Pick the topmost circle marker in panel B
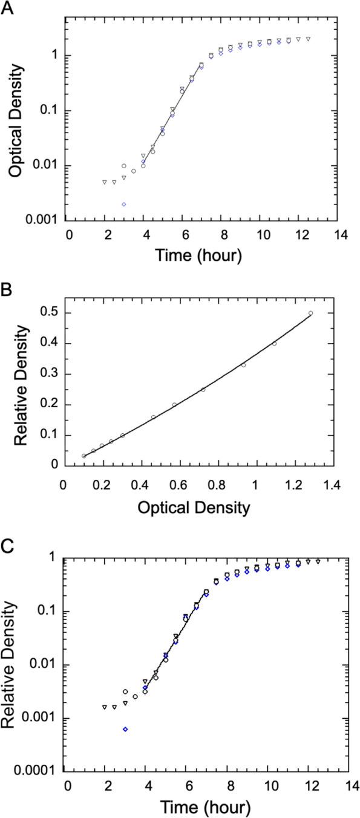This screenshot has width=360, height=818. (x=310, y=313)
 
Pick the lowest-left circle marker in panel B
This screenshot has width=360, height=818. (x=84, y=456)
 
